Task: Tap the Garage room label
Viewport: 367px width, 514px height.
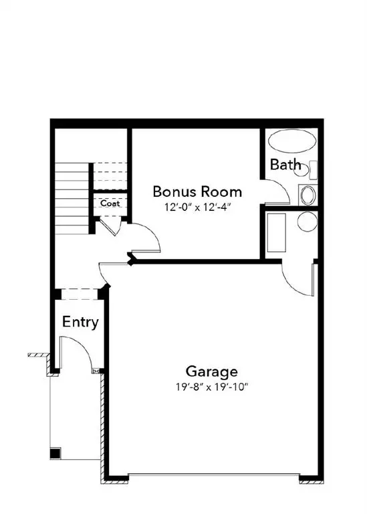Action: click(211, 371)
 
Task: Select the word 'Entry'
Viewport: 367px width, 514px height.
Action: click(80, 322)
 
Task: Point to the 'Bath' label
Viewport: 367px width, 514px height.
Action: click(285, 165)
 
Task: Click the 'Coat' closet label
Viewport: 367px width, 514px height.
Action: click(110, 203)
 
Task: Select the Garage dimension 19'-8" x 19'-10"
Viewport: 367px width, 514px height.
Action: click(212, 387)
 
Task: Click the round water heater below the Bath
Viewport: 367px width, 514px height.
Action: click(307, 222)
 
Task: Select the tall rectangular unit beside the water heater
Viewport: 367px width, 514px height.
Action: click(277, 233)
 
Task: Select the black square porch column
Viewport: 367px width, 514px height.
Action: click(54, 453)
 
